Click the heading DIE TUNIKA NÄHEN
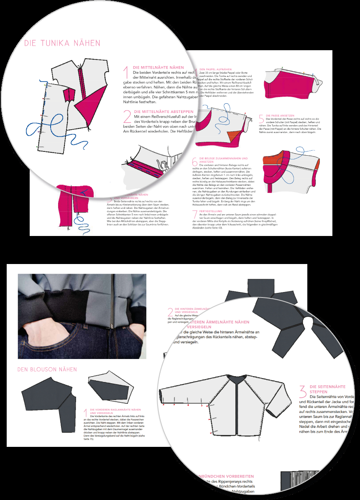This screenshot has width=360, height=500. point(62,43)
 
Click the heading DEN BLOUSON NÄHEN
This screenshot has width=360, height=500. point(47,369)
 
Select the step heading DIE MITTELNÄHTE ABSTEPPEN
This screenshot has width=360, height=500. point(163,112)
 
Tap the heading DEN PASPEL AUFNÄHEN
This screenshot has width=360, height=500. point(215,69)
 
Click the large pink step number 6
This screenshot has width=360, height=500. point(194,162)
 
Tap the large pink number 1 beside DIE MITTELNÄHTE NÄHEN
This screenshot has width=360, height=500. point(126,72)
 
